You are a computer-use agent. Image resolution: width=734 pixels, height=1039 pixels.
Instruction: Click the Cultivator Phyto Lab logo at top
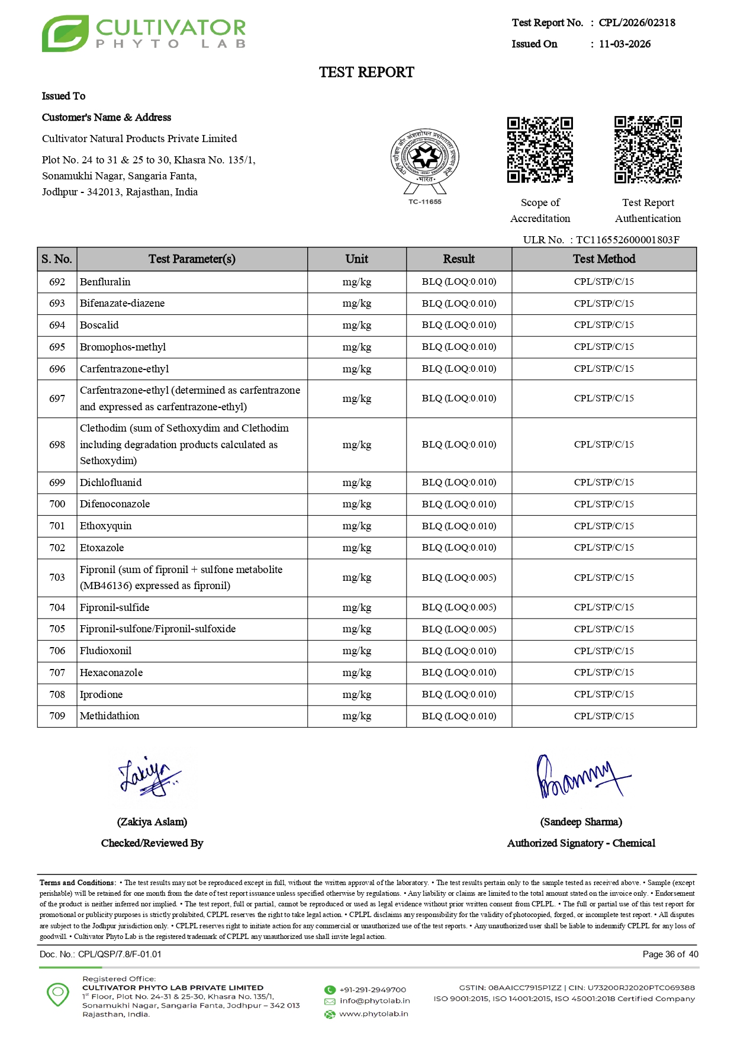(x=143, y=34)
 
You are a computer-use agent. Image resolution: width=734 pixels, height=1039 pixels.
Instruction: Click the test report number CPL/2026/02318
(x=636, y=22)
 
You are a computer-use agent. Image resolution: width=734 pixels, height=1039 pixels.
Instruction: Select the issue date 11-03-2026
(x=624, y=44)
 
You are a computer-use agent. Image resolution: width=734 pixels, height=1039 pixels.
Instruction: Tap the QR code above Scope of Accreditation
(x=540, y=150)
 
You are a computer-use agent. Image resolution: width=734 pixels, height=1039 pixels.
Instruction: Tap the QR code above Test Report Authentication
(x=648, y=150)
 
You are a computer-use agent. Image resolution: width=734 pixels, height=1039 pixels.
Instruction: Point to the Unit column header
(x=356, y=259)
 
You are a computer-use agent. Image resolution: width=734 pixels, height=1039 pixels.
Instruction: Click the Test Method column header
(x=604, y=259)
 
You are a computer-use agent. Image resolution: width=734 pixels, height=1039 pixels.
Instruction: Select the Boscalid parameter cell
(x=99, y=325)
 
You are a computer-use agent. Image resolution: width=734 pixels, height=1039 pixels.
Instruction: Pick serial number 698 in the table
(x=57, y=445)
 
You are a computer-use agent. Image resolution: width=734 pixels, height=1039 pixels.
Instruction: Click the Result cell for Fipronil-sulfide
(x=459, y=607)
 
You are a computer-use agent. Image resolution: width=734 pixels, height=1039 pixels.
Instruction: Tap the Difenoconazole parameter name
(x=115, y=504)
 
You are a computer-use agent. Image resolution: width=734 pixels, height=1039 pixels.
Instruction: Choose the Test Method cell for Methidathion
(x=604, y=716)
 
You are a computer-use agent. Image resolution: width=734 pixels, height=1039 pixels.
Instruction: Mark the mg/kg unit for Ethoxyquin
(x=356, y=526)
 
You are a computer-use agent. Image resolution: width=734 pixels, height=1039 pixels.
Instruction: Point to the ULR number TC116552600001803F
(x=627, y=240)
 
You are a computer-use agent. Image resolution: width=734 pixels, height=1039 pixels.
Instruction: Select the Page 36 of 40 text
(x=670, y=954)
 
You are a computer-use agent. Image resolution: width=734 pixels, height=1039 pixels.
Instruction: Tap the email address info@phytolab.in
(x=374, y=1001)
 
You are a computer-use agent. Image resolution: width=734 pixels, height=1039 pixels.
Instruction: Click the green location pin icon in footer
(x=58, y=994)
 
